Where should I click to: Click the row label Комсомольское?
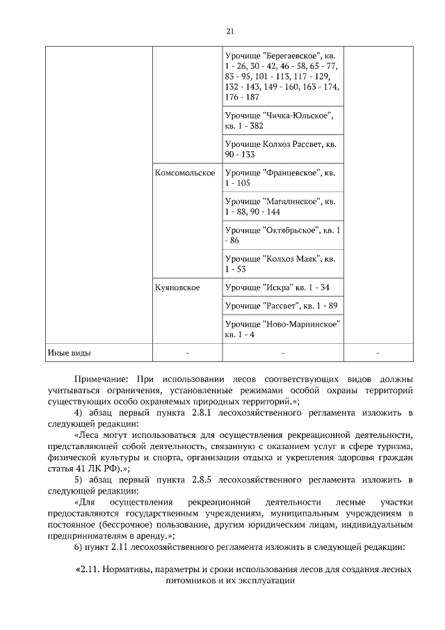click(x=184, y=173)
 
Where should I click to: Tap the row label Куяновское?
click(x=177, y=287)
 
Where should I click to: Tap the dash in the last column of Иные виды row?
click(x=378, y=353)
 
